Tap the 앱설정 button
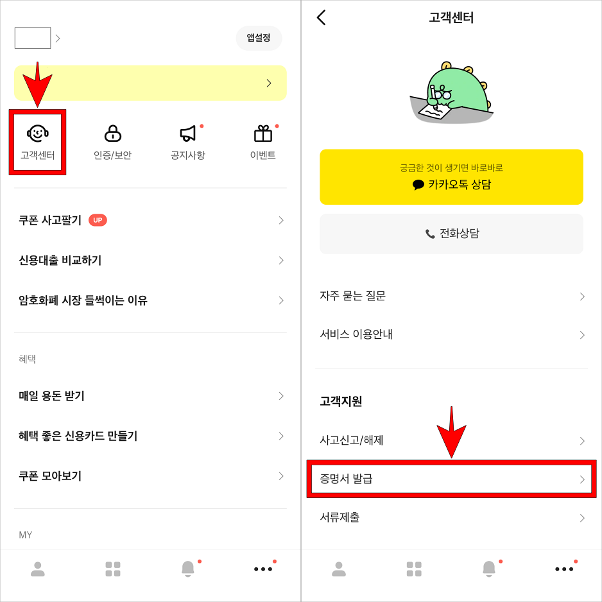pyautogui.click(x=259, y=38)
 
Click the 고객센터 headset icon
pyautogui.click(x=37, y=133)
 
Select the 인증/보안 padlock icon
pyautogui.click(x=112, y=133)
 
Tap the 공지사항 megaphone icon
pyautogui.click(x=187, y=133)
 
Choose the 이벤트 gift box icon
pyautogui.click(x=263, y=133)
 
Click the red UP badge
pyautogui.click(x=98, y=220)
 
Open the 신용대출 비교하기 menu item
pyautogui.click(x=60, y=260)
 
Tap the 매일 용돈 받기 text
pyautogui.click(x=52, y=396)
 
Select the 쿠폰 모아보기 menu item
pyautogui.click(x=50, y=476)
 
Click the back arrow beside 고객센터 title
pyautogui.click(x=322, y=17)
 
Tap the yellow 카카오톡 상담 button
pyautogui.click(x=451, y=177)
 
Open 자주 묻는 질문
pyautogui.click(x=353, y=296)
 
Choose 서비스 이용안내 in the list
pyautogui.click(x=356, y=334)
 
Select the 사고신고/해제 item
pyautogui.click(x=352, y=440)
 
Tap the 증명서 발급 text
pyautogui.click(x=347, y=479)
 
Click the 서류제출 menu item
pyautogui.click(x=340, y=517)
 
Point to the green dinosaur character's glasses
pyautogui.click(x=442, y=95)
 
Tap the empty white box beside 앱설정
pyautogui.click(x=33, y=38)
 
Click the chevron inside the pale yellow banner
pyautogui.click(x=269, y=83)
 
